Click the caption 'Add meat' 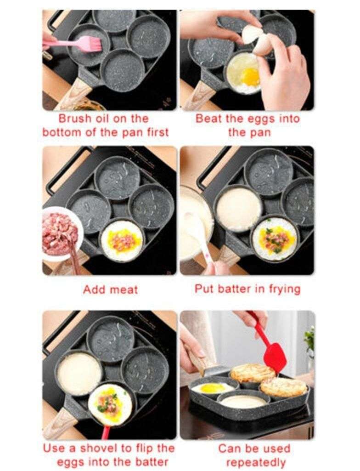pyautogui.click(x=110, y=289)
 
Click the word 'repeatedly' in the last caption pyautogui.click(x=255, y=462)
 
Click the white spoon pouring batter pyautogui.click(x=200, y=239)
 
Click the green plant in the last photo pyautogui.click(x=310, y=340)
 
